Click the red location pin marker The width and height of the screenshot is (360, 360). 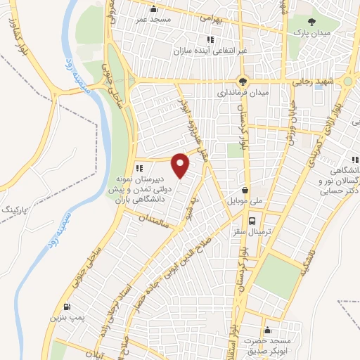pyautogui.click(x=181, y=165)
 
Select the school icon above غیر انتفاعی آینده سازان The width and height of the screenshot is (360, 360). pyautogui.click(x=210, y=39)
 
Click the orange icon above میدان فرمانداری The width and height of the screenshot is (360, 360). pyautogui.click(x=243, y=81)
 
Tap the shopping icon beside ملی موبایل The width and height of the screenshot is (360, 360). pyautogui.click(x=244, y=190)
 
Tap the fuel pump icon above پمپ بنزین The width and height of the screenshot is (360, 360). pyautogui.click(x=67, y=307)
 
